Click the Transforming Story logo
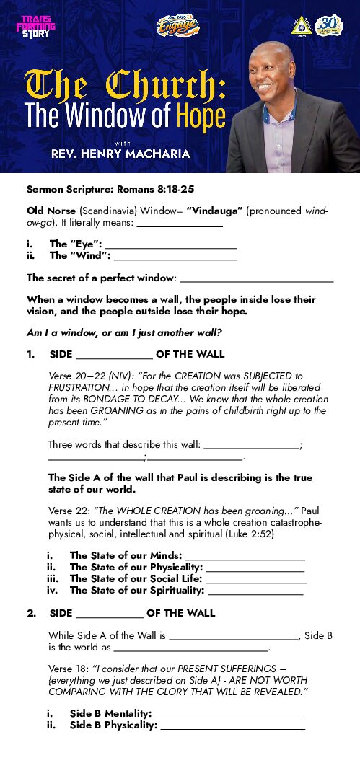tap(35, 27)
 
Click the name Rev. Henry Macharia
tap(120, 154)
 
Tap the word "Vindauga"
tap(232, 211)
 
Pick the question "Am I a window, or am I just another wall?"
tap(123, 332)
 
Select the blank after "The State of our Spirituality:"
tap(255, 594)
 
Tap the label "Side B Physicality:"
tap(113, 725)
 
